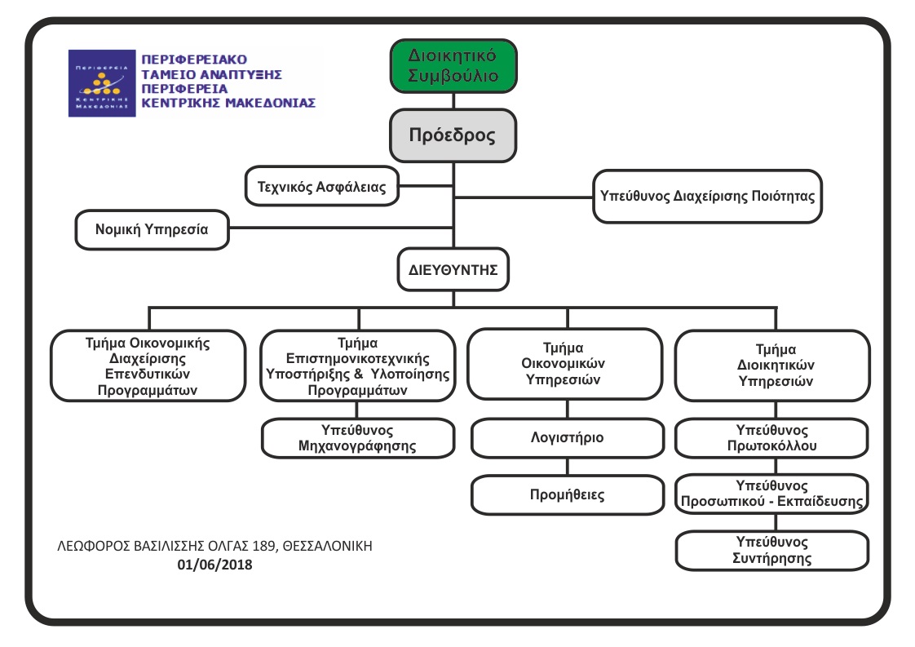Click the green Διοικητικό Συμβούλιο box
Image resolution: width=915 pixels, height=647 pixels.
pos(453,66)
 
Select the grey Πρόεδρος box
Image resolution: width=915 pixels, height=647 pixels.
pos(453,135)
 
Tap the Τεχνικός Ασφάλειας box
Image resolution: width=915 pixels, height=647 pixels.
pos(322,186)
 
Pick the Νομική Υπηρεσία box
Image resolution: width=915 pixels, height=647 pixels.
pos(152,229)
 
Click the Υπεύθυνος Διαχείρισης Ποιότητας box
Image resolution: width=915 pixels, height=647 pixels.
pos(707,196)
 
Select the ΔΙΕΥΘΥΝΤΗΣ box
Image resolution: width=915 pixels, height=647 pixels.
pos(453,270)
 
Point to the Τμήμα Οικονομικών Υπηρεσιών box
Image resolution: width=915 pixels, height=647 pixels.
pos(564,364)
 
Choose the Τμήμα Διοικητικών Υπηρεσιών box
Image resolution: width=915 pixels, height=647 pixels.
pos(772,366)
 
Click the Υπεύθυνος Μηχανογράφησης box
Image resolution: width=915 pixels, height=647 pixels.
pos(358,438)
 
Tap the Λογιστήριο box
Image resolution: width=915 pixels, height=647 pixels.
pos(568,437)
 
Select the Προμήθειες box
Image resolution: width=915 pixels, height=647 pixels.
pos(568,494)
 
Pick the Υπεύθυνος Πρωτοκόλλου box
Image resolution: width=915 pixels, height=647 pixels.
pos(772,438)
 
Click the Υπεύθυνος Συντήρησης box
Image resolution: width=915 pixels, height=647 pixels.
pos(772,550)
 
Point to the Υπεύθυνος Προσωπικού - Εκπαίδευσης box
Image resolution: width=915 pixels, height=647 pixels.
pos(772,494)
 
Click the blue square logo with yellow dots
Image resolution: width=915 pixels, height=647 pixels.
pos(102,83)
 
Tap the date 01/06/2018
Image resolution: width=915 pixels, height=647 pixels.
pos(214,565)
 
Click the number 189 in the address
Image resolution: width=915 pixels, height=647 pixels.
pos(263,546)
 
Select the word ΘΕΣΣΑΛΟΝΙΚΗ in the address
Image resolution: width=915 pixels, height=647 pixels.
pos(327,546)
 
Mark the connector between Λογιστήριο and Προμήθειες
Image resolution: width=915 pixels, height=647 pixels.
pos(568,467)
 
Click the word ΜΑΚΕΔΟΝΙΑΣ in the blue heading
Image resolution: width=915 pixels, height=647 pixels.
pos(271,103)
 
